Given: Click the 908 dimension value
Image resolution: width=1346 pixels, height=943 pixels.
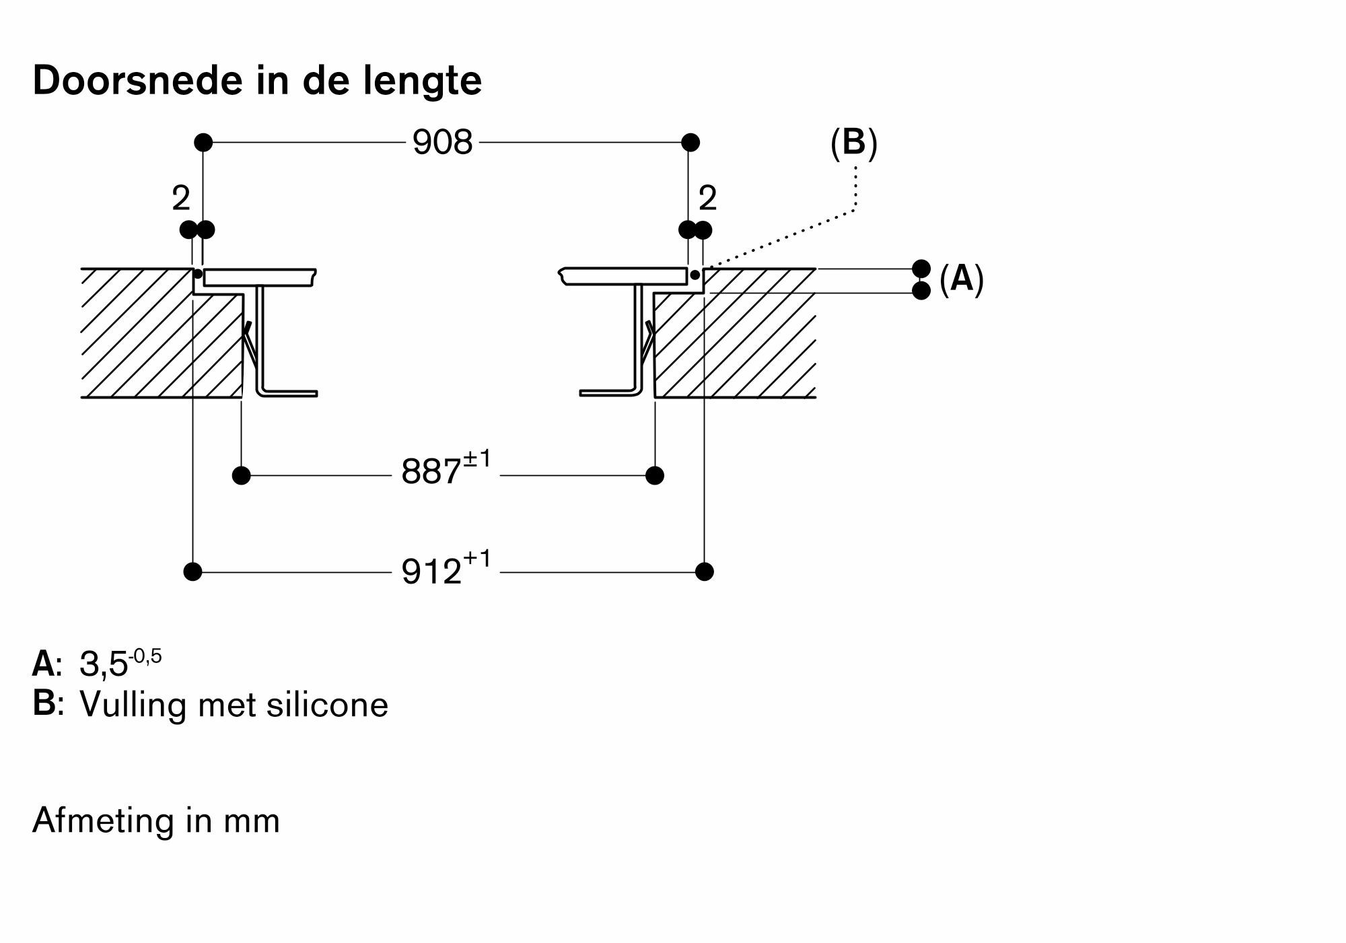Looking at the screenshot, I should pos(442,143).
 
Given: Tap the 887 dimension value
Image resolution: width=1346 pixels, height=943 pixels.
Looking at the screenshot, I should pos(431,472).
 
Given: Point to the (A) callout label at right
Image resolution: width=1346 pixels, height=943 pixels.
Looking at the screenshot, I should pos(961,279).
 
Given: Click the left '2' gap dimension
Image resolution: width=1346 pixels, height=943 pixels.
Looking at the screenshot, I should pos(181,199).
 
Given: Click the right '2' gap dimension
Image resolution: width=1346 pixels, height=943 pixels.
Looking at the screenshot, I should pos(707,199).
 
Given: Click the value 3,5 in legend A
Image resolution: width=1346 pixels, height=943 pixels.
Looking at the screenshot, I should pos(103,665).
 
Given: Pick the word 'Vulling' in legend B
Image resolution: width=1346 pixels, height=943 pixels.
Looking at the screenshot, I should pos(133,705).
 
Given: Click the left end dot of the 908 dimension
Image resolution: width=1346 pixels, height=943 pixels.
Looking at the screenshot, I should pos(203,143).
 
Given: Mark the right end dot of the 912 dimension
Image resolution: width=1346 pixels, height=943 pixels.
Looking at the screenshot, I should pos(704,571).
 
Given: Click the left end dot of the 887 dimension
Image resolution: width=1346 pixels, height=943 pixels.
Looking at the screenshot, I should pos(241,476).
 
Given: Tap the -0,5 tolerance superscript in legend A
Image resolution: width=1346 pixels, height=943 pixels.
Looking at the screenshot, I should pos(145,656).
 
